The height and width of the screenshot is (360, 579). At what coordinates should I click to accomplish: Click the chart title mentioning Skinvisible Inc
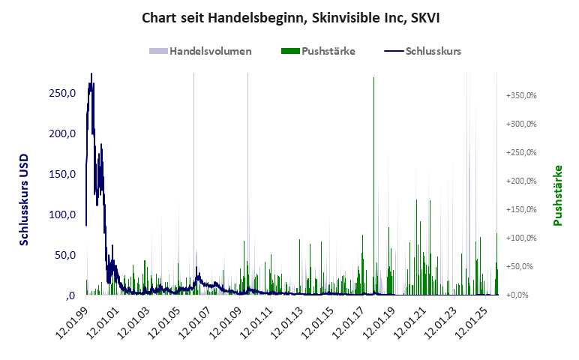coord(289,16)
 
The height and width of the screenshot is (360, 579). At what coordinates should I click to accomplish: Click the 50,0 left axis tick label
coord(65,255)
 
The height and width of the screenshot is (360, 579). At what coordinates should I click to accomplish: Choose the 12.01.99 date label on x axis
coord(72,319)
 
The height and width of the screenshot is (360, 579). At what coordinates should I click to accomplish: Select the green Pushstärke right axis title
coord(558,195)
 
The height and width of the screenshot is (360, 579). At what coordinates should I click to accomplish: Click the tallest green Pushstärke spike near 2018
coord(374,79)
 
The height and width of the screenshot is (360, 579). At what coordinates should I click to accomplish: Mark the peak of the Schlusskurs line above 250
coord(91,75)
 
